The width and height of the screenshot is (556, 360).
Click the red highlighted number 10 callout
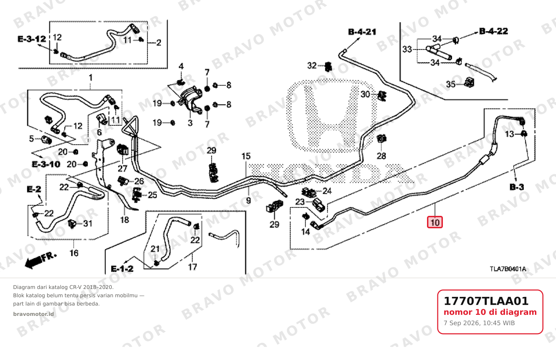[x=435, y=222]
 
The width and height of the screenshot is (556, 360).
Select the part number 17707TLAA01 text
[x=486, y=301]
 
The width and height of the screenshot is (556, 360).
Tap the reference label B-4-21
[x=362, y=32]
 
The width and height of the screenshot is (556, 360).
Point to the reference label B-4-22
[x=494, y=31]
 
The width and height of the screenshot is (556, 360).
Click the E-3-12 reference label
[x=32, y=39]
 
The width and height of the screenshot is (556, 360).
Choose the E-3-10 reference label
[x=46, y=164]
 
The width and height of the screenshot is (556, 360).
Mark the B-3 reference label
[x=517, y=187]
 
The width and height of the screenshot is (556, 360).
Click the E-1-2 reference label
[x=122, y=269]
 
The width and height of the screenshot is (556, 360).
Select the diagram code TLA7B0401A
[x=508, y=269]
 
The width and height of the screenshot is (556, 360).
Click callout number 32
[x=312, y=66]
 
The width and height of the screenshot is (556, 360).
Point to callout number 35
[x=451, y=84]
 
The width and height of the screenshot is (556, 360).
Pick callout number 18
[x=125, y=220]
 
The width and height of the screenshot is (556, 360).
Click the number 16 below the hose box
[x=74, y=253]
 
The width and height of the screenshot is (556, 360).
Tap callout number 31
[x=88, y=223]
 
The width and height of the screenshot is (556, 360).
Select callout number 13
[x=509, y=134]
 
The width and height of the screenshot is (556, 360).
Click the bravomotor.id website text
[x=33, y=314]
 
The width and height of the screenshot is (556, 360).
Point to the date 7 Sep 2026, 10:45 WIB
[x=479, y=323]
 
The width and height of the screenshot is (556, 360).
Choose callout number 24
[x=327, y=191]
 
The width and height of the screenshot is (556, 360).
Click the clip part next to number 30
[x=382, y=96]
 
